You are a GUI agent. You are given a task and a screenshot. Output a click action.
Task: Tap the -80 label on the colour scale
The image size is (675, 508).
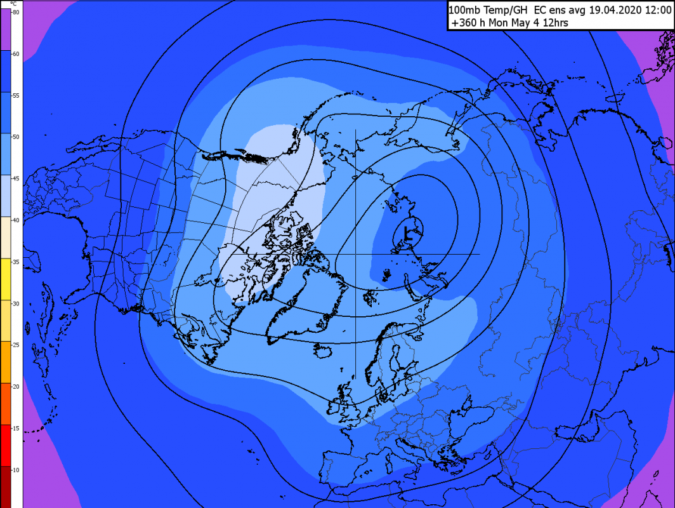coord(16,12)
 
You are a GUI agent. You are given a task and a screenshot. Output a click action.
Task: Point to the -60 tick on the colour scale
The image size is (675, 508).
coord(16,54)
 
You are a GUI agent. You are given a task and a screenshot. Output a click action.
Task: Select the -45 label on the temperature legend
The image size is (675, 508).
coord(16,178)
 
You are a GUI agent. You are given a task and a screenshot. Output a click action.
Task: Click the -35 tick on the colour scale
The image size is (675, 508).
coord(16,261)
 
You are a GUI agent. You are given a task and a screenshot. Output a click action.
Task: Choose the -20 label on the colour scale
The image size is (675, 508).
coord(16,386)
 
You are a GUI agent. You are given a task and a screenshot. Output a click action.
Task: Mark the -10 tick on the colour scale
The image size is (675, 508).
coord(16,469)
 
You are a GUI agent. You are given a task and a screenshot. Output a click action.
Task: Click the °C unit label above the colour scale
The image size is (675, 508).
coord(15,4)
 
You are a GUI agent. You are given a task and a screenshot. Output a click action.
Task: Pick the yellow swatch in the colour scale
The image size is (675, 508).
coord(11,279)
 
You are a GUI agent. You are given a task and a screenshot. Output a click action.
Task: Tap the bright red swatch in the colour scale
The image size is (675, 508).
coord(11,445)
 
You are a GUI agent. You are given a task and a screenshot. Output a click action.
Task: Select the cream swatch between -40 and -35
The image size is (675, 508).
coord(11,237)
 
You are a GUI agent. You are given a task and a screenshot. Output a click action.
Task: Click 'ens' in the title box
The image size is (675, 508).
coord(557,10)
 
